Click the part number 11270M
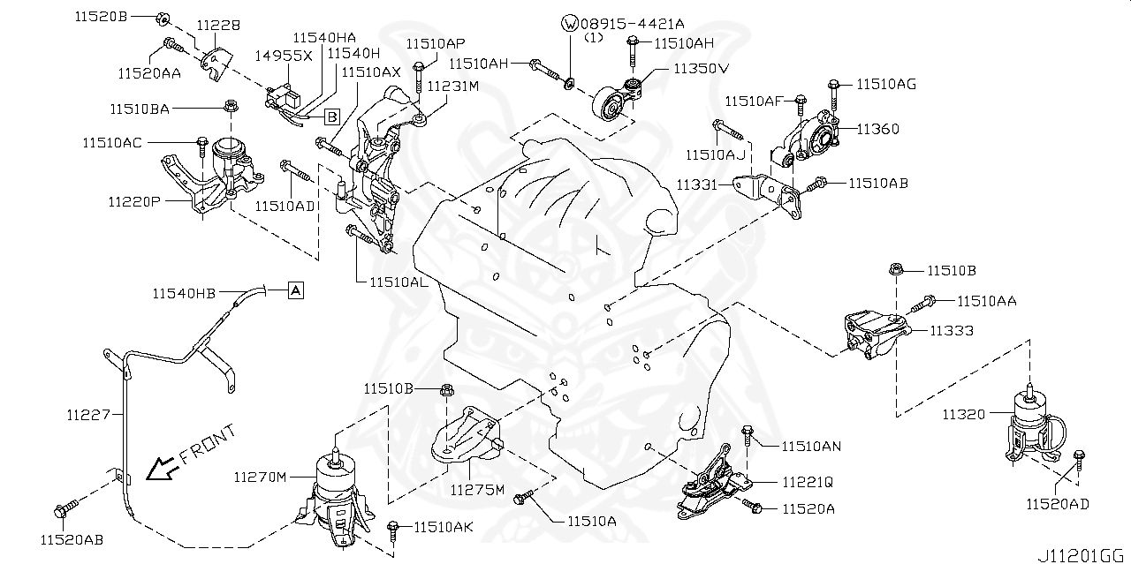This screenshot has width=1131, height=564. click(x=260, y=477)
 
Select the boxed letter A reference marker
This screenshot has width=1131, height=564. click(x=296, y=290)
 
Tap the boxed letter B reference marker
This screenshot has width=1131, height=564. click(x=331, y=117)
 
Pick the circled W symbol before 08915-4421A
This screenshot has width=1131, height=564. click(x=570, y=23)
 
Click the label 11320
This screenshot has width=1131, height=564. click(x=963, y=415)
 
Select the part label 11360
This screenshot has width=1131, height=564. click(x=878, y=129)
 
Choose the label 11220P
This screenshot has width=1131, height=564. click(x=134, y=202)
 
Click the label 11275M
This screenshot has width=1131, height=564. click(x=477, y=489)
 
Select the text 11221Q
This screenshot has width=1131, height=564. click(x=808, y=483)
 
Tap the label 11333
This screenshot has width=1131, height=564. click(x=952, y=331)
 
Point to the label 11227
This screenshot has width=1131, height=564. click(x=88, y=415)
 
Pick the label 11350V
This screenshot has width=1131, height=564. click(x=702, y=68)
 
